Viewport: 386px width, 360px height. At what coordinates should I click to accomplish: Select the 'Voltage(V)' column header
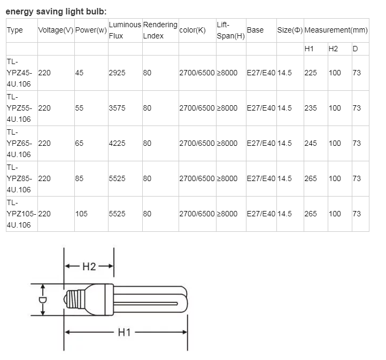(x=56, y=30)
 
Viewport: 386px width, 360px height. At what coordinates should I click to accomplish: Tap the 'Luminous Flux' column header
(x=125, y=30)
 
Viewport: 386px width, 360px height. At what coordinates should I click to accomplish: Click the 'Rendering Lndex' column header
(x=160, y=30)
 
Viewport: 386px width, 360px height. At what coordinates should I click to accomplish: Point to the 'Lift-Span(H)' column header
(x=230, y=30)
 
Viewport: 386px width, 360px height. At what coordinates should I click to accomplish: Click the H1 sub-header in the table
(x=309, y=49)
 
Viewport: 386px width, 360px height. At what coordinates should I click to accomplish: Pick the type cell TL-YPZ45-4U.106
(x=20, y=73)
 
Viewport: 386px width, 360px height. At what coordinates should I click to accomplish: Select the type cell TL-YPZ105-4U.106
(x=21, y=214)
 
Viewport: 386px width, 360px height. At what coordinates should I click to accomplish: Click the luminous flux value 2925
(x=117, y=73)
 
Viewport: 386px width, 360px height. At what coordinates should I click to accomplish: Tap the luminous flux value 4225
(x=117, y=143)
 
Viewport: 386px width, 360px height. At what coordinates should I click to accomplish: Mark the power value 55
(x=80, y=108)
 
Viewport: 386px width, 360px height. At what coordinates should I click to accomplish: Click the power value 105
(x=81, y=214)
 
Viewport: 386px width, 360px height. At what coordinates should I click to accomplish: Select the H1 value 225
(x=311, y=73)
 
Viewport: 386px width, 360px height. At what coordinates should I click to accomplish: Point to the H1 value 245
(x=311, y=143)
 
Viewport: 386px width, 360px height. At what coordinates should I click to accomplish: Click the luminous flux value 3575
(x=117, y=108)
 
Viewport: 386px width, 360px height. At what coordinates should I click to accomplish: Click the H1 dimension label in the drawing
(x=124, y=332)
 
